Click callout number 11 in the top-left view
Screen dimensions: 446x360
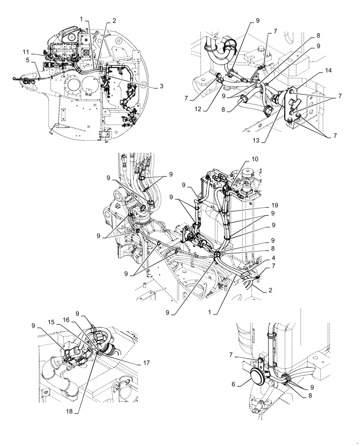pyautogui.click(x=26, y=52)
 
